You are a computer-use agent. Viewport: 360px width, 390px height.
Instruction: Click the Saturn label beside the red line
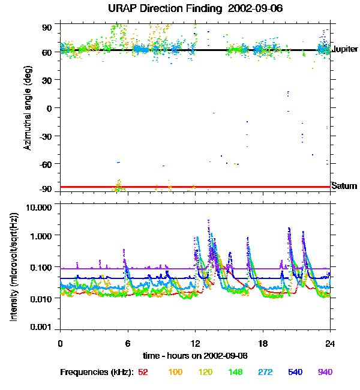344,187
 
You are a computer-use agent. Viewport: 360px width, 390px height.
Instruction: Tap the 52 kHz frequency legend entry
143,372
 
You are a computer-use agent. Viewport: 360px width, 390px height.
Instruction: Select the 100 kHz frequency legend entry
175,372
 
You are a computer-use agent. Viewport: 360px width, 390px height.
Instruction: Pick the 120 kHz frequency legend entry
206,372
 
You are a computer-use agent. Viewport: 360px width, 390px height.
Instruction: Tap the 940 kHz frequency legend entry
325,372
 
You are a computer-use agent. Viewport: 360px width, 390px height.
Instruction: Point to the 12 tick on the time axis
195,343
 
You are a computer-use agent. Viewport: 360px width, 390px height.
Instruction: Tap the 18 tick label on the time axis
263,343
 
